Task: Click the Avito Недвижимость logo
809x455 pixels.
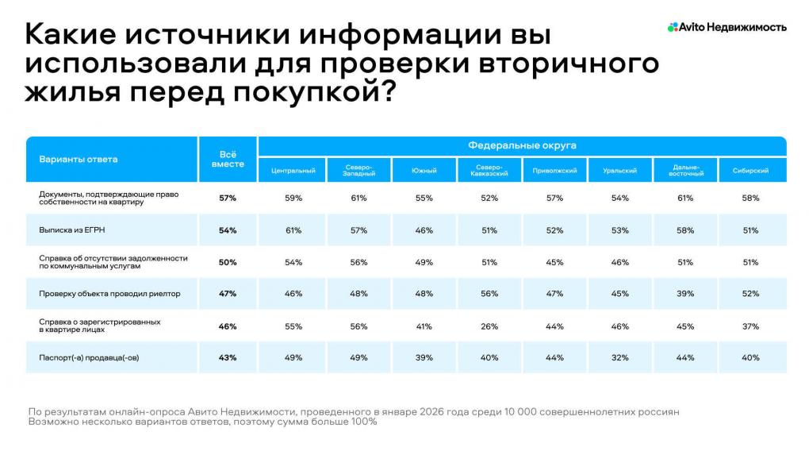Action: point(727,27)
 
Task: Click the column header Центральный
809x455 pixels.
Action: point(293,171)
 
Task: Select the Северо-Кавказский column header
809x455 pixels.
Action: point(489,171)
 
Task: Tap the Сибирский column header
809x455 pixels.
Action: point(750,171)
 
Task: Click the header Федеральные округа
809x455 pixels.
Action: point(522,146)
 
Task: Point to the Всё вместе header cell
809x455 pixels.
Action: point(228,159)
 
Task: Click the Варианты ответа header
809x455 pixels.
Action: point(79,159)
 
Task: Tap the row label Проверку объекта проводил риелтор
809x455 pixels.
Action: point(109,294)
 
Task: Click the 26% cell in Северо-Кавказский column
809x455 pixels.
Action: point(489,326)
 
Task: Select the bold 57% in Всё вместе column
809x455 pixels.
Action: point(228,198)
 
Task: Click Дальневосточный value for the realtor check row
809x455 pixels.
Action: point(685,294)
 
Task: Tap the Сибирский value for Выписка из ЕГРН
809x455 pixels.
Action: point(750,230)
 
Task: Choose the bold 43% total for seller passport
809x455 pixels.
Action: point(228,357)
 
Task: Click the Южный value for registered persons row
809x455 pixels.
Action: point(424,326)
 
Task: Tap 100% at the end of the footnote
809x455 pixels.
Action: point(362,422)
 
